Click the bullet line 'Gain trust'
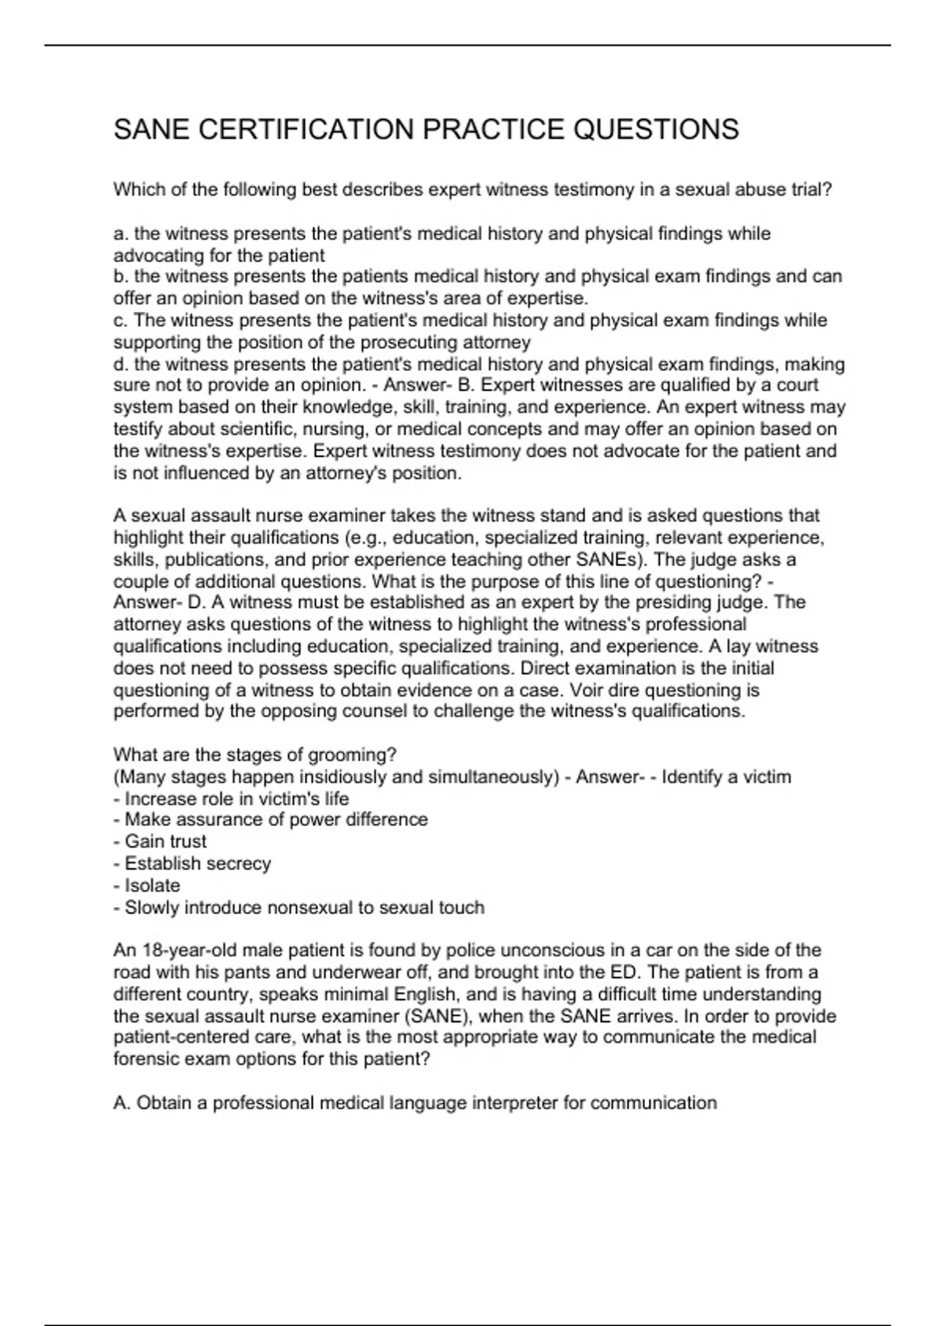(x=165, y=842)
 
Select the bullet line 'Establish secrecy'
(x=197, y=863)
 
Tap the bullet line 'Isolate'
(x=152, y=885)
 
